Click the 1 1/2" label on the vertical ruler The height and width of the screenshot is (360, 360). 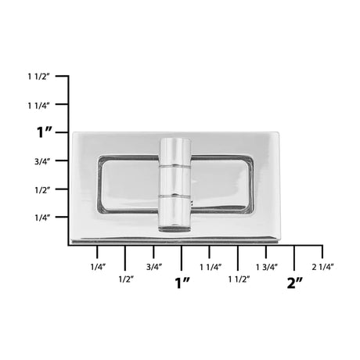(38, 76)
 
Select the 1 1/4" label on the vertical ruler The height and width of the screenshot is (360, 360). (38, 104)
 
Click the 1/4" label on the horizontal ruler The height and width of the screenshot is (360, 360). (97, 268)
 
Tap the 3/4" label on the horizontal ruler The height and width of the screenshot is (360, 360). (153, 268)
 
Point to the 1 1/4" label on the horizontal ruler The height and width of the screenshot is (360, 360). (210, 268)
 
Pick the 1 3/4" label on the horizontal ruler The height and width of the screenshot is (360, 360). (267, 268)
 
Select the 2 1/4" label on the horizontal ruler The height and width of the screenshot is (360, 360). (322, 268)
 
